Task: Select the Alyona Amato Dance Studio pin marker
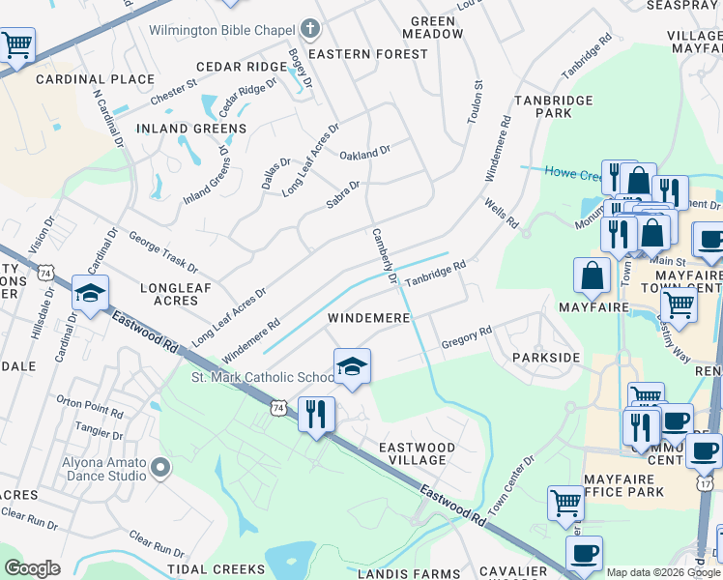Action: (x=160, y=469)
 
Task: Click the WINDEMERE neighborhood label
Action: (x=368, y=318)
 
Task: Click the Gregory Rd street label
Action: (x=467, y=335)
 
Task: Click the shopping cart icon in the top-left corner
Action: (x=17, y=44)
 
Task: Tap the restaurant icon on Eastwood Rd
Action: (x=316, y=414)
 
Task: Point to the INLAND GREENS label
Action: (x=191, y=129)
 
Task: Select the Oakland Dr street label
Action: (x=364, y=153)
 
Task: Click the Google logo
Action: (x=32, y=568)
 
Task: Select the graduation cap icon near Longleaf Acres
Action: (x=90, y=294)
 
